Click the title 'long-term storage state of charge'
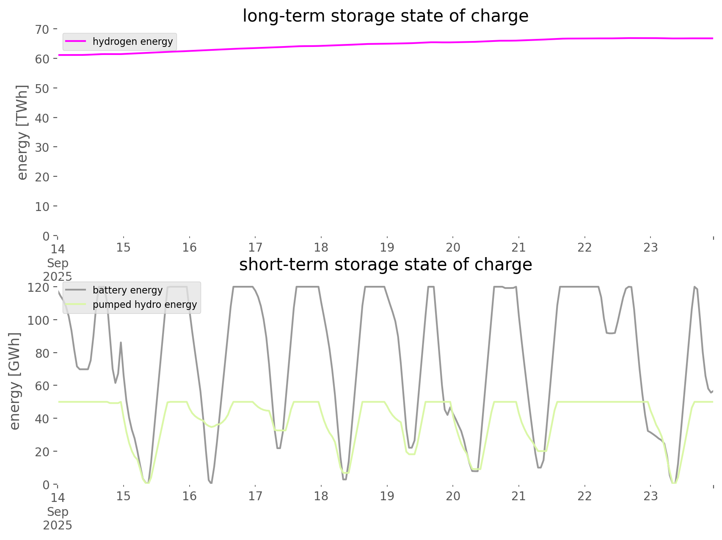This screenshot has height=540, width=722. click(385, 16)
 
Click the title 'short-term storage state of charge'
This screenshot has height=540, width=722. click(385, 265)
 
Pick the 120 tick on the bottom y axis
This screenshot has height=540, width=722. click(39, 288)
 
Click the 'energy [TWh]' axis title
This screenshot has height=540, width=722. click(22, 132)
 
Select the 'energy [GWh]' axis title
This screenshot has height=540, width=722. click(15, 381)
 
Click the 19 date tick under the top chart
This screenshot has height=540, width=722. click(387, 247)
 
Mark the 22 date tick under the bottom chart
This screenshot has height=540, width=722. click(584, 496)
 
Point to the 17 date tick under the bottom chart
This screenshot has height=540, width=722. click(255, 496)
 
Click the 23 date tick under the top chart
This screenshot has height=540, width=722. click(650, 247)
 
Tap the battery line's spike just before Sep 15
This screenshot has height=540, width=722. click(121, 342)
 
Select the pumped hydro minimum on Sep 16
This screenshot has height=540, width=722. click(212, 427)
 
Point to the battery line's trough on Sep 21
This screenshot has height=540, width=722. click(539, 467)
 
